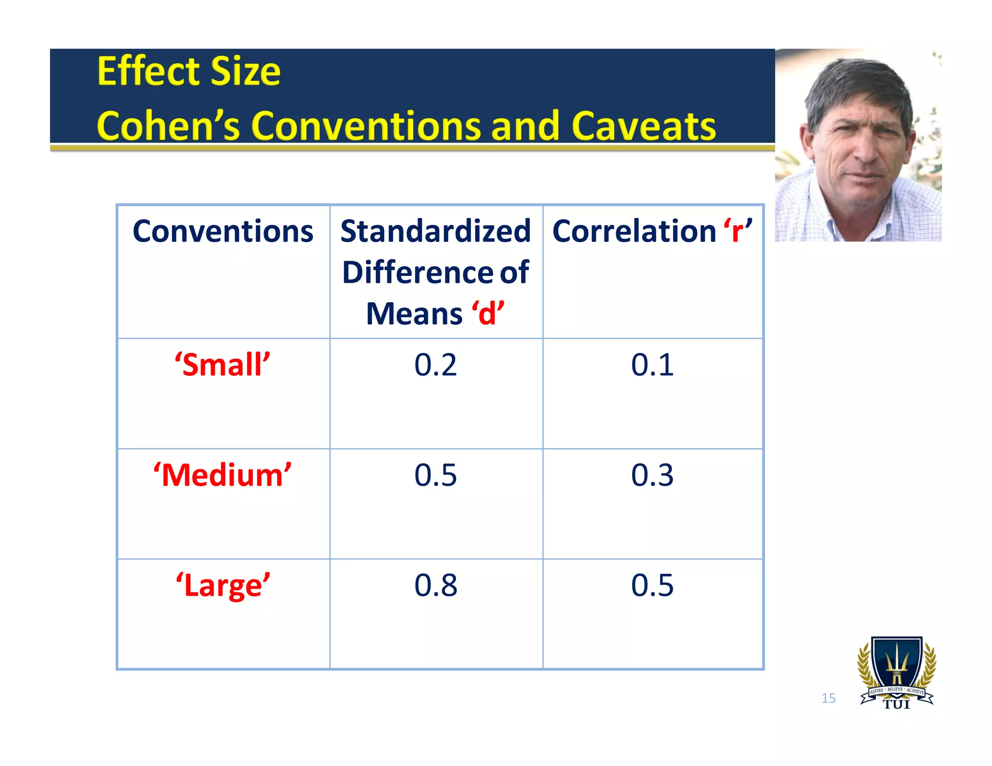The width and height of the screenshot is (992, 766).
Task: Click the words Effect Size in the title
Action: (189, 72)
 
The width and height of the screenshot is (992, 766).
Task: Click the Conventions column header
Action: (223, 231)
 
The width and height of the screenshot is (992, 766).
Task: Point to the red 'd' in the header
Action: (487, 313)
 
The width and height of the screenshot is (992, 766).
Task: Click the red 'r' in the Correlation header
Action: (738, 231)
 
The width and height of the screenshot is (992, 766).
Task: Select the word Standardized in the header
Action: (435, 231)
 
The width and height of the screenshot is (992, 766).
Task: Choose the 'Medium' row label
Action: (223, 475)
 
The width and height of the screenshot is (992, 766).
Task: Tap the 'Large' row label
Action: (223, 585)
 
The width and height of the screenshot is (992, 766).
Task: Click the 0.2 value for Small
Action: (435, 365)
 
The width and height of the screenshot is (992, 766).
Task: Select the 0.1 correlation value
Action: (652, 365)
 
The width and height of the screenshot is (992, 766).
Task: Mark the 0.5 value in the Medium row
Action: (435, 475)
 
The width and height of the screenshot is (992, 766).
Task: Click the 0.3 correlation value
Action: (652, 475)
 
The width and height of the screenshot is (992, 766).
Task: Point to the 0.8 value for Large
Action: (435, 585)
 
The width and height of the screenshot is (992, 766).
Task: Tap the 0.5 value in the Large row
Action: (652, 585)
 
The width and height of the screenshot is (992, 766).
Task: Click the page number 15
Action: (828, 698)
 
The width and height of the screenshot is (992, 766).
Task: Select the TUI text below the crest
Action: (897, 705)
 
